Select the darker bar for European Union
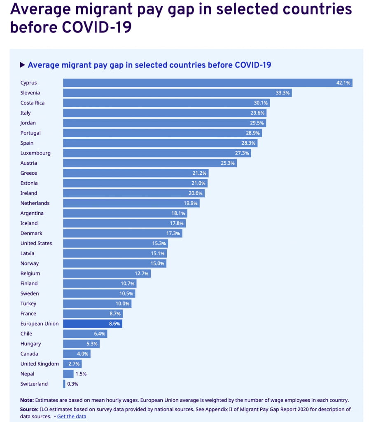93,324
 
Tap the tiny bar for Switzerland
64,384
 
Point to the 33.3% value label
283,93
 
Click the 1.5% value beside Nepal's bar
81,374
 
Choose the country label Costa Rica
33,103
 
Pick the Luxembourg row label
35,153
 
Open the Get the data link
72,417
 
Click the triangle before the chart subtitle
23,65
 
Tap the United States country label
36,244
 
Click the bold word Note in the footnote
27,400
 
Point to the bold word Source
29,410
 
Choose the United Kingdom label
40,364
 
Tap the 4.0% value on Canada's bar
83,354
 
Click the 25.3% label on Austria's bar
228,163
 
